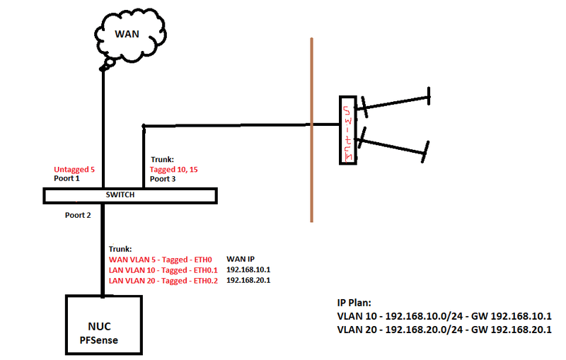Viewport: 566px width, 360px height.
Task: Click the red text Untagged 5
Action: coord(74,170)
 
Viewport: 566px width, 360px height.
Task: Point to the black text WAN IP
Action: coord(241,260)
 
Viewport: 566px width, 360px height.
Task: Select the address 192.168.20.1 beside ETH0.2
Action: coord(248,280)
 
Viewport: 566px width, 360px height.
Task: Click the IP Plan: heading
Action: coord(359,302)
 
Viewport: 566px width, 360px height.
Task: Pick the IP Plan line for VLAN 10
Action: coord(444,315)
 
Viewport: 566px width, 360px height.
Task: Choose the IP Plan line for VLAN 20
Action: coord(444,330)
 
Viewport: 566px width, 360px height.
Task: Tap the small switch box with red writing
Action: coord(347,129)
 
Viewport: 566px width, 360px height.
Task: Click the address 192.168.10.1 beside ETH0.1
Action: coord(248,269)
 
